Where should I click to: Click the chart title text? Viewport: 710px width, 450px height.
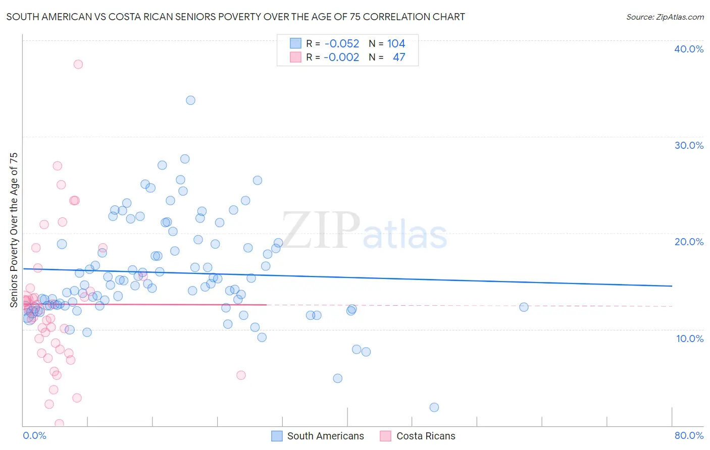coord(235,17)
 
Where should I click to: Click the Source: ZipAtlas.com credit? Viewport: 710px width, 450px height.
coord(665,17)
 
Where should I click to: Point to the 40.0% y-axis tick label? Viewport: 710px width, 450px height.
coord(688,49)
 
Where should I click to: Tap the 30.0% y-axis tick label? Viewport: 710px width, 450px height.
coord(688,145)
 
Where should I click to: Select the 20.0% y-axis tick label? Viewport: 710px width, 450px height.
coord(688,242)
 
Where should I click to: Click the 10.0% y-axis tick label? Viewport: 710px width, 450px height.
coord(689,339)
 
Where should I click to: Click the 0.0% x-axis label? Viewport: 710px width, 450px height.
coord(34,435)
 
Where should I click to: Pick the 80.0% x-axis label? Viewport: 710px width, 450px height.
coord(688,435)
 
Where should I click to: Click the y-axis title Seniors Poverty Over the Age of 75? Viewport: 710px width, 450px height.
coord(14,230)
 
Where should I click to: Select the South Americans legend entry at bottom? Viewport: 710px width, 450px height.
coord(318,436)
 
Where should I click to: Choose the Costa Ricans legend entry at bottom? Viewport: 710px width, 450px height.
coord(418,436)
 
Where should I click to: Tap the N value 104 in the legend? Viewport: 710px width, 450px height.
coord(396,44)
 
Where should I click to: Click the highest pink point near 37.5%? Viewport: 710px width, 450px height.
coord(78,64)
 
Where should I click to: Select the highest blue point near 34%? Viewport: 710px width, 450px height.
coord(190,100)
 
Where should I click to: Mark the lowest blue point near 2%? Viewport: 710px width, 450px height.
coord(434,407)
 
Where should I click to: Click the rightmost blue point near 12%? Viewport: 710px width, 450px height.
coord(524,307)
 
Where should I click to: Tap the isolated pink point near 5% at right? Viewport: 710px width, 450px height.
coord(241,375)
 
